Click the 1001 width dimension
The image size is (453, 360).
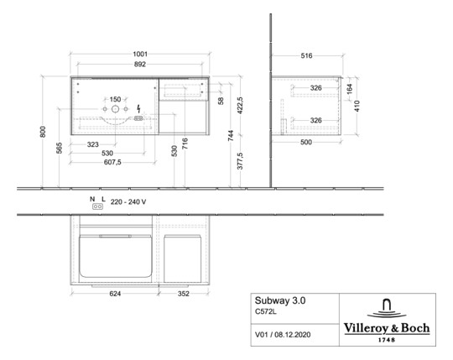pyautogui.click(x=140, y=54)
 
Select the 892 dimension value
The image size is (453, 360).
pyautogui.click(x=140, y=65)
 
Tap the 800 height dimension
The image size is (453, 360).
pyautogui.click(x=43, y=132)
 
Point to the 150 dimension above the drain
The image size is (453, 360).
pyautogui.click(x=115, y=99)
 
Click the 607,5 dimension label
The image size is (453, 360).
pyautogui.click(x=112, y=162)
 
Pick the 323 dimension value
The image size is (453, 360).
pyautogui.click(x=93, y=144)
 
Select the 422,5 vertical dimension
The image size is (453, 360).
pyautogui.click(x=241, y=106)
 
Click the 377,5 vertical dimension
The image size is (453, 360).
pyautogui.click(x=241, y=161)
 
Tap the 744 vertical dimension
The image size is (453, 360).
pyautogui.click(x=231, y=135)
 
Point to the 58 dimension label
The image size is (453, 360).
pyautogui.click(x=221, y=101)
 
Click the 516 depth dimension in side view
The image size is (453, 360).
pyautogui.click(x=306, y=55)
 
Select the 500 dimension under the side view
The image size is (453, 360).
pyautogui.click(x=306, y=142)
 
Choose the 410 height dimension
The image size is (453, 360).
pyautogui.click(x=357, y=106)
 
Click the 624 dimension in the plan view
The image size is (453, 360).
pyautogui.click(x=115, y=294)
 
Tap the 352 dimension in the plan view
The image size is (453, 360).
pyautogui.click(x=184, y=294)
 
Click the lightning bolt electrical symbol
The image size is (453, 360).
pyautogui.click(x=138, y=108)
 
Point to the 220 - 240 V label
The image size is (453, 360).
pyautogui.click(x=128, y=202)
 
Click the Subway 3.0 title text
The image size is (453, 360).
pyautogui.click(x=280, y=300)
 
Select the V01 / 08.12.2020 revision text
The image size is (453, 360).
pyautogui.click(x=283, y=335)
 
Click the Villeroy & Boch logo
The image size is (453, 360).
pyautogui.click(x=387, y=321)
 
